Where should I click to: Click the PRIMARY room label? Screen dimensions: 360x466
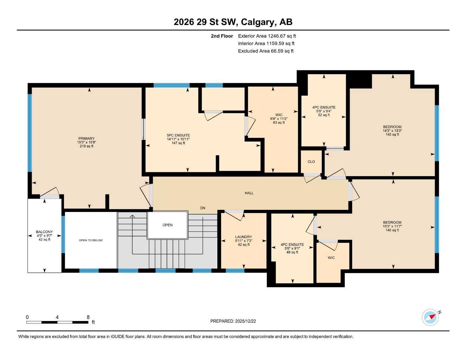point(86,139)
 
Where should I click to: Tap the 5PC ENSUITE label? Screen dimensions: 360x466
point(178,135)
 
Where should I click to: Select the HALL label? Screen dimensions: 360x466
point(249,193)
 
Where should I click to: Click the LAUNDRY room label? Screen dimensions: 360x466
point(243,237)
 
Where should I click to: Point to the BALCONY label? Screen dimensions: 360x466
point(44,232)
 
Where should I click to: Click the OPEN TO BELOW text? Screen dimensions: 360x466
point(91,240)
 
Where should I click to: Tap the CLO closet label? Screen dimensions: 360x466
point(311,162)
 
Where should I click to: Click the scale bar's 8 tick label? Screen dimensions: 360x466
point(88,317)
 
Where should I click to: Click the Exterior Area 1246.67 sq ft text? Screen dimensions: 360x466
point(267,36)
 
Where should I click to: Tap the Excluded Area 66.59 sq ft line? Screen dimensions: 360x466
point(266,51)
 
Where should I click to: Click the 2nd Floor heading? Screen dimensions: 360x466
point(222,36)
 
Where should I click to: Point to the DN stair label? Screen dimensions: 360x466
point(203,208)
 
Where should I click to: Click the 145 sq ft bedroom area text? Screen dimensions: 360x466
point(392,135)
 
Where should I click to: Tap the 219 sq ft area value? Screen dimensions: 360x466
point(87,146)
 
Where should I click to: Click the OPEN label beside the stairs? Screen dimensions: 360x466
point(167,225)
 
